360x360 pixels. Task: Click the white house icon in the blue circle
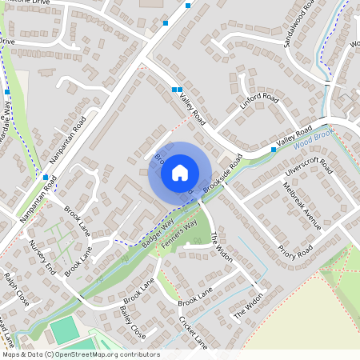(x=179, y=172)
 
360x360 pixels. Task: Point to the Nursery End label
(x=40, y=255)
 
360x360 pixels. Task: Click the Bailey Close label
(x=132, y=321)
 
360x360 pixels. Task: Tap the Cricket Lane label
(x=194, y=332)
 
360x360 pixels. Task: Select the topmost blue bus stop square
(x=188, y=6)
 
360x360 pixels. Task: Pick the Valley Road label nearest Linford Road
(x=193, y=110)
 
